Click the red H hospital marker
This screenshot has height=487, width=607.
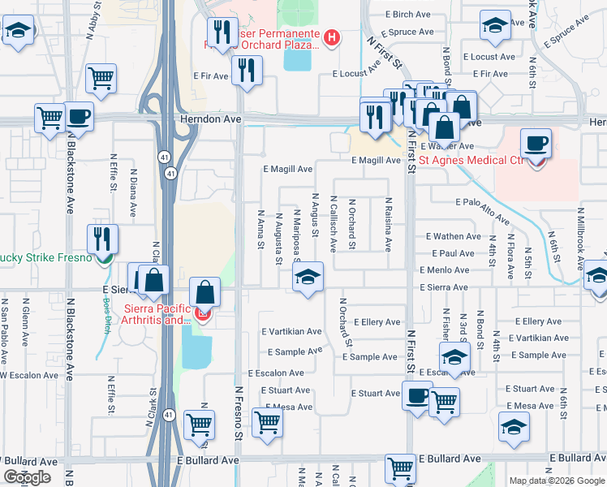(331, 37)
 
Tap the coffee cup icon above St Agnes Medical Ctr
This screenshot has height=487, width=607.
(536, 145)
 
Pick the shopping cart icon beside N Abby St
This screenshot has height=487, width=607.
(102, 79)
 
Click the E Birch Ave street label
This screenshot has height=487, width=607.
(408, 15)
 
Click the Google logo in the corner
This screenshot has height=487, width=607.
(28, 477)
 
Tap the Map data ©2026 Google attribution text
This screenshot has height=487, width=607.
(557, 481)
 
